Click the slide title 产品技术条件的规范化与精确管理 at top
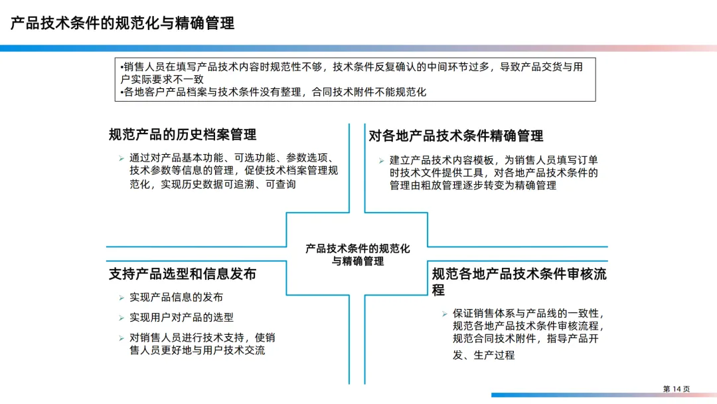click(x=122, y=24)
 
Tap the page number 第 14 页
click(x=677, y=389)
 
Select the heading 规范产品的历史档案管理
click(x=183, y=135)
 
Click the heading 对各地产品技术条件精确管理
click(x=456, y=136)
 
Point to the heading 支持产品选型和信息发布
click(x=183, y=274)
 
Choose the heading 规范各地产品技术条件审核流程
click(x=519, y=274)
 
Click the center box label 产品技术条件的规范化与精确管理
click(x=358, y=254)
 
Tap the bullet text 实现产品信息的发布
click(x=176, y=297)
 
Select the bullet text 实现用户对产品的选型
click(x=181, y=318)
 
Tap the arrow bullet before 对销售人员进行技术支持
click(x=121, y=338)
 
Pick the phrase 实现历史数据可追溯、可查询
click(x=212, y=184)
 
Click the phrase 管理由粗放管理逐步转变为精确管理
click(x=473, y=185)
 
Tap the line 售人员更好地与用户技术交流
click(x=197, y=350)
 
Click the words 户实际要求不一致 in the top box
click(x=162, y=79)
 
